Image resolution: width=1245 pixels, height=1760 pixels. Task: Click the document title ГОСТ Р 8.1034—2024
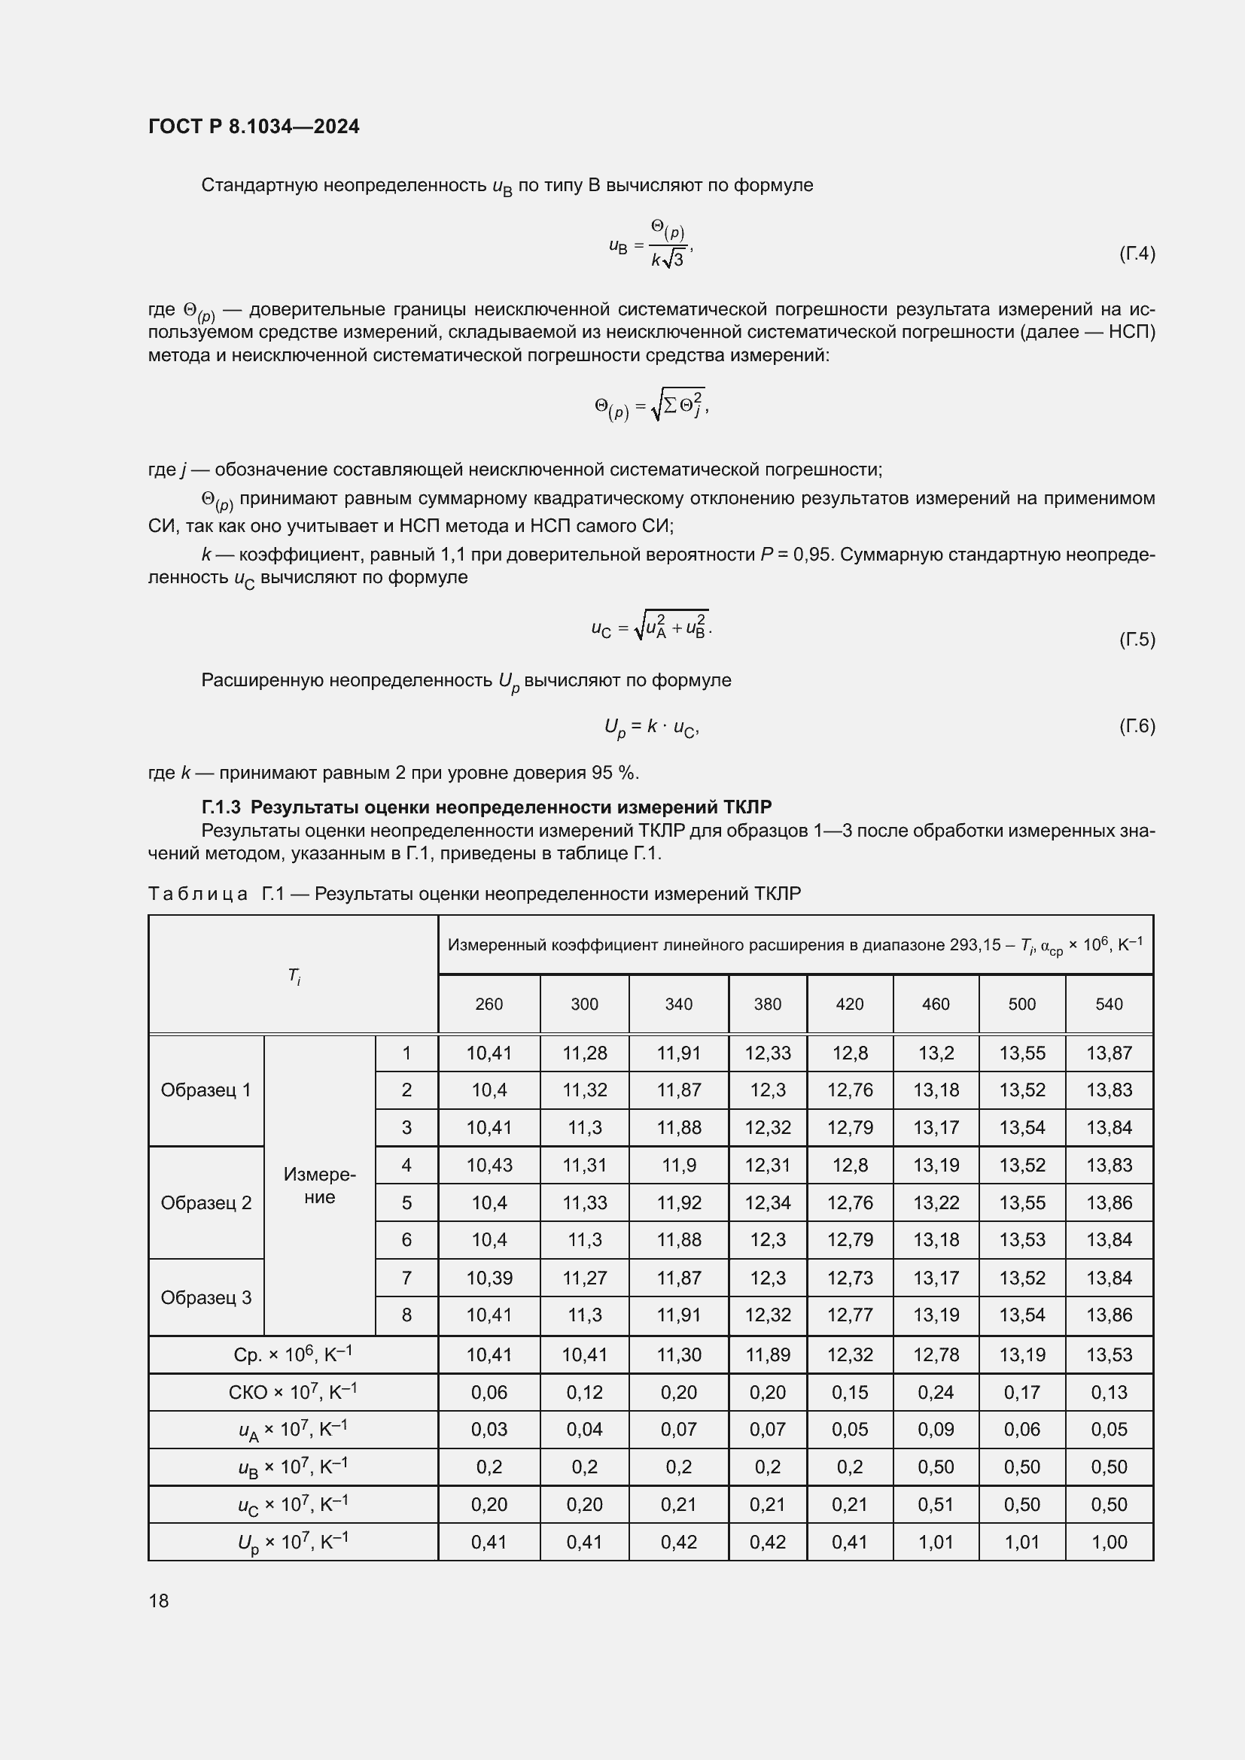point(254,126)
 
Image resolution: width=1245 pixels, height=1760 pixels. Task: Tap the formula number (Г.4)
point(1136,253)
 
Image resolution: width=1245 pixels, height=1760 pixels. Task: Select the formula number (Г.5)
point(1136,640)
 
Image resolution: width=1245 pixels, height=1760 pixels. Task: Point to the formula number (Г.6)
point(1136,725)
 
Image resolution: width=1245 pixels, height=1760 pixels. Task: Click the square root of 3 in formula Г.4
point(672,260)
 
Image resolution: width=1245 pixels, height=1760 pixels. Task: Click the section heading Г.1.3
point(486,807)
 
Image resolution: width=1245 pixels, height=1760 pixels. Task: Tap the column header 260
point(489,1005)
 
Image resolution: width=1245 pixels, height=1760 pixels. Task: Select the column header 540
point(1109,1005)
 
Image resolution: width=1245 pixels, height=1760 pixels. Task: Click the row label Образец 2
point(206,1202)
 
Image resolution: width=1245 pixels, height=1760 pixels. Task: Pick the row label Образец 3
point(206,1297)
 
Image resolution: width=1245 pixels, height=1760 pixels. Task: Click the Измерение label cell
point(320,1185)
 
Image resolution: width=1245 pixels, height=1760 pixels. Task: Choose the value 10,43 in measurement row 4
point(489,1165)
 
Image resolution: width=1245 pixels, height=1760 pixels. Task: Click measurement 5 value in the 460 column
point(936,1202)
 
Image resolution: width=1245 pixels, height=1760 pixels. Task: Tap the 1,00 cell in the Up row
point(1109,1542)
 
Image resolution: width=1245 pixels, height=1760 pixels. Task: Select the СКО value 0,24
point(936,1392)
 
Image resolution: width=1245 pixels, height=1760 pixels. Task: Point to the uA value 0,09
point(936,1429)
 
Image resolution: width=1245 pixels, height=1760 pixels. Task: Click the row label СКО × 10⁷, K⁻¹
point(293,1391)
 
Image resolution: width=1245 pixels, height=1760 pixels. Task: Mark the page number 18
point(159,1600)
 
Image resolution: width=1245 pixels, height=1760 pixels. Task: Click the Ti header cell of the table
point(294,975)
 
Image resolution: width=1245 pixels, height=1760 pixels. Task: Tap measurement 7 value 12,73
point(849,1278)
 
